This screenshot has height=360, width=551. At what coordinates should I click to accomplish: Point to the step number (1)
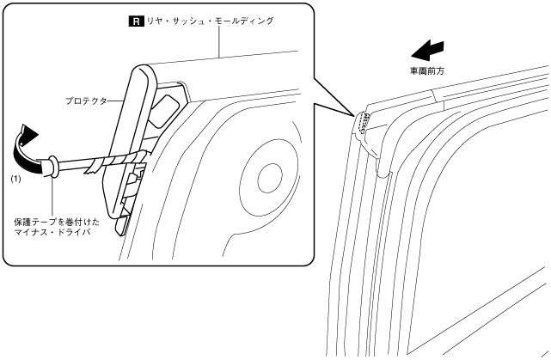pyautogui.click(x=15, y=180)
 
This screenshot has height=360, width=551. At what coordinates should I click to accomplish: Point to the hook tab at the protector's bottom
pyautogui.click(x=123, y=225)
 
